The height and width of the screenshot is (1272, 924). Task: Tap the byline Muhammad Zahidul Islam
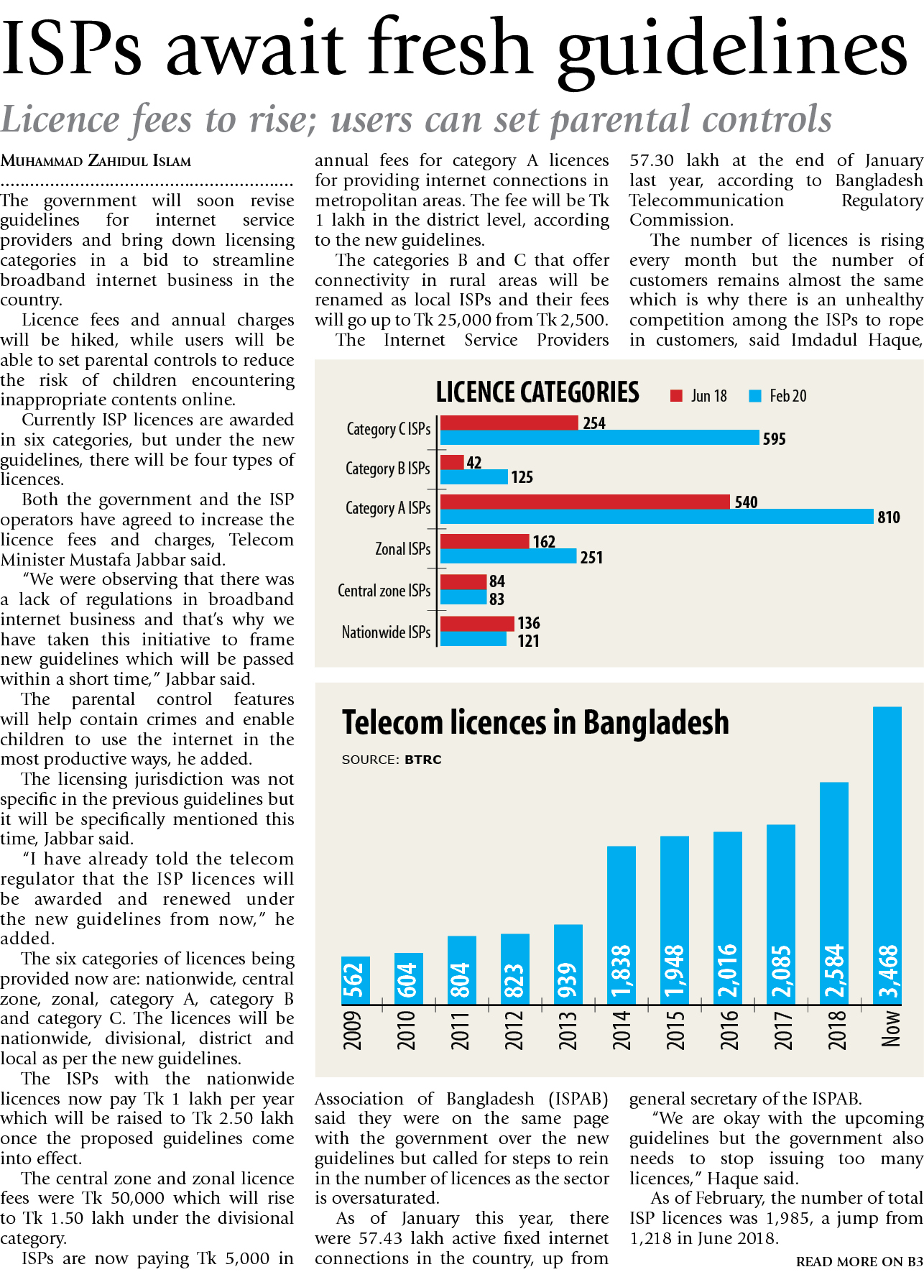[x=96, y=161]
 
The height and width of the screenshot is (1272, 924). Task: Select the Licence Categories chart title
[x=537, y=392]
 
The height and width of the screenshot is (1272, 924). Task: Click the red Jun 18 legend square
[x=675, y=396]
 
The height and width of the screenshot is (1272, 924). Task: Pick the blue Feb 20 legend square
[x=754, y=396]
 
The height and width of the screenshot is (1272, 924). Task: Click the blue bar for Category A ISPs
[x=656, y=516]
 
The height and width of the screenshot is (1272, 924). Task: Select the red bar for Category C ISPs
[x=509, y=423]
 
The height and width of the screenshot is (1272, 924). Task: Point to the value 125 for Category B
[x=522, y=477]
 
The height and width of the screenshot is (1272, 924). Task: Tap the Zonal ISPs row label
[x=402, y=549]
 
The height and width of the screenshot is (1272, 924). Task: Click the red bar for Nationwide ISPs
[x=476, y=623]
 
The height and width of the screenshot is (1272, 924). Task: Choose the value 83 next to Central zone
[x=496, y=599]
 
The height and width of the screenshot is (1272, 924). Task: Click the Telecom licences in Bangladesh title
[x=535, y=722]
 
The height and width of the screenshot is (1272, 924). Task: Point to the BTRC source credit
[x=422, y=760]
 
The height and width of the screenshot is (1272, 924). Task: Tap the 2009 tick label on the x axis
[x=353, y=1030]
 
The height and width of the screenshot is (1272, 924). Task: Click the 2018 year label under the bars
[x=836, y=1030]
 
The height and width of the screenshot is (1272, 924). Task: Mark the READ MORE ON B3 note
[x=859, y=1261]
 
